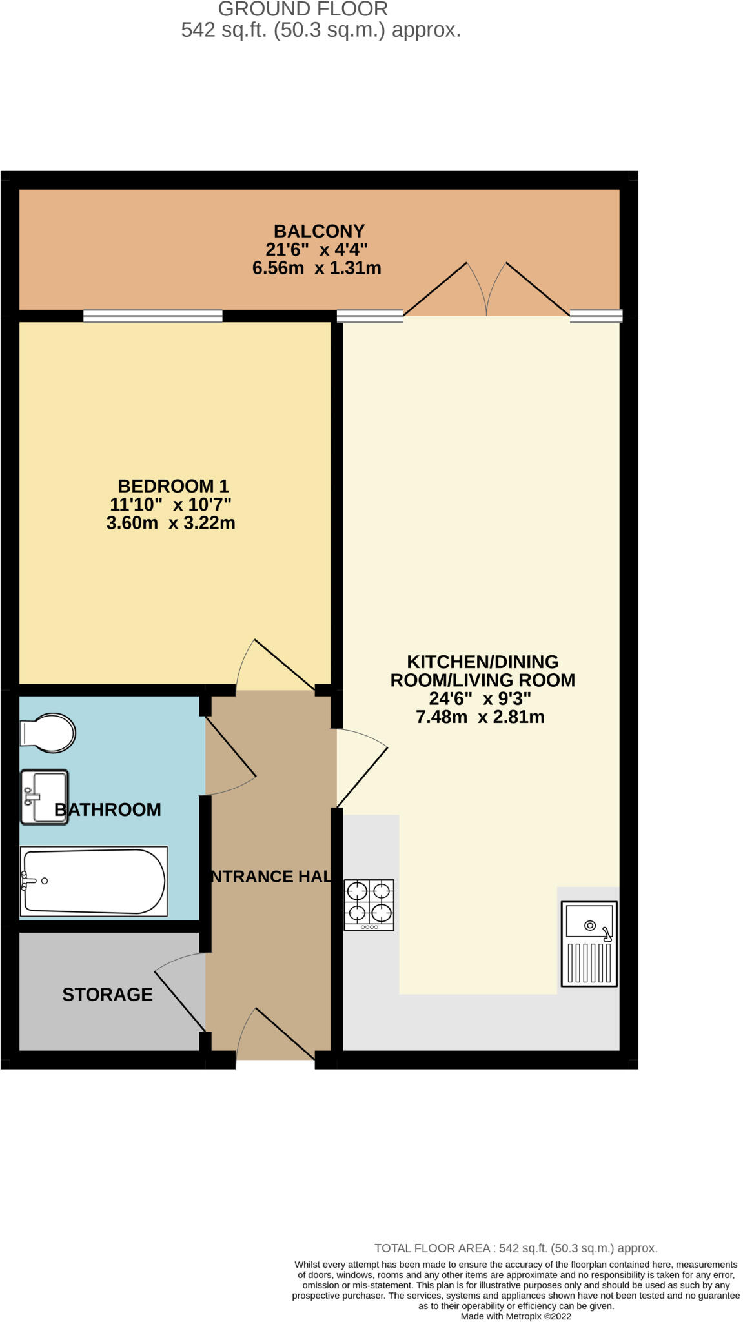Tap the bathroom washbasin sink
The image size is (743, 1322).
coord(44,797)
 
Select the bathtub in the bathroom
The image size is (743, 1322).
coord(94,881)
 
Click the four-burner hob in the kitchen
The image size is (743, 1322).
coord(369,904)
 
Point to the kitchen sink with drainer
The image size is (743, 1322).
coord(589,944)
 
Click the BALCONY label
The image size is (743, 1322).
coord(319,231)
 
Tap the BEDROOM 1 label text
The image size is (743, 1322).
coord(173,486)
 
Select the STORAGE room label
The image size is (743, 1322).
coord(107,995)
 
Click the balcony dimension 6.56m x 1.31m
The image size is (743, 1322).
coord(316,268)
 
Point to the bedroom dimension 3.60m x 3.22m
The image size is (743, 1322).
coord(170,523)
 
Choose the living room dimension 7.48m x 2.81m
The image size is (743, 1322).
coord(480,717)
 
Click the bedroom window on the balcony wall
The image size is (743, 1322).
coord(153,316)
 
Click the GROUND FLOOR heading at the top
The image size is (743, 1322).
coord(303,9)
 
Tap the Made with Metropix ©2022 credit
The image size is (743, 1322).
coord(516,1316)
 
